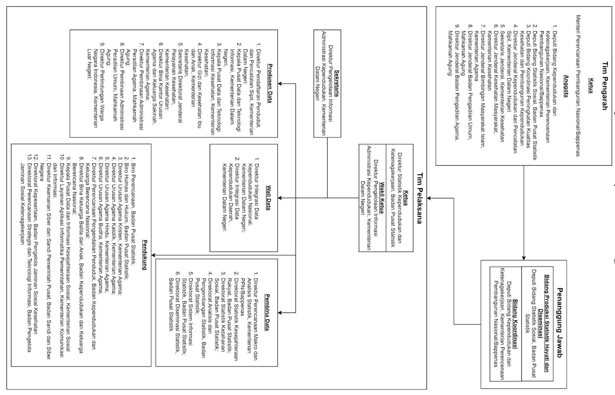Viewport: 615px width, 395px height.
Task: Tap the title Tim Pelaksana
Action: pos(420,198)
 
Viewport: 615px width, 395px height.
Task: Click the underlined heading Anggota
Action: pos(566,86)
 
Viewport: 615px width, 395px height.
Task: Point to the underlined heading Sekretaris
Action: pos(337,83)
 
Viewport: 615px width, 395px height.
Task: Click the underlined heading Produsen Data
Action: pos(269,83)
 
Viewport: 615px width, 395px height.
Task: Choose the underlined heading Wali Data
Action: pos(268,198)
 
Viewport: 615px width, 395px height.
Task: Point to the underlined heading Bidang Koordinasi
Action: pos(515,324)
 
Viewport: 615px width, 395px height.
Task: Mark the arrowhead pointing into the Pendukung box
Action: pos(153,255)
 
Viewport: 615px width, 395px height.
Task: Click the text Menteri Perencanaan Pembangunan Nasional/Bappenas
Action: pos(578,86)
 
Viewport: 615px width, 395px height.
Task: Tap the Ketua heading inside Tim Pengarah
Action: pos(591,86)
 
